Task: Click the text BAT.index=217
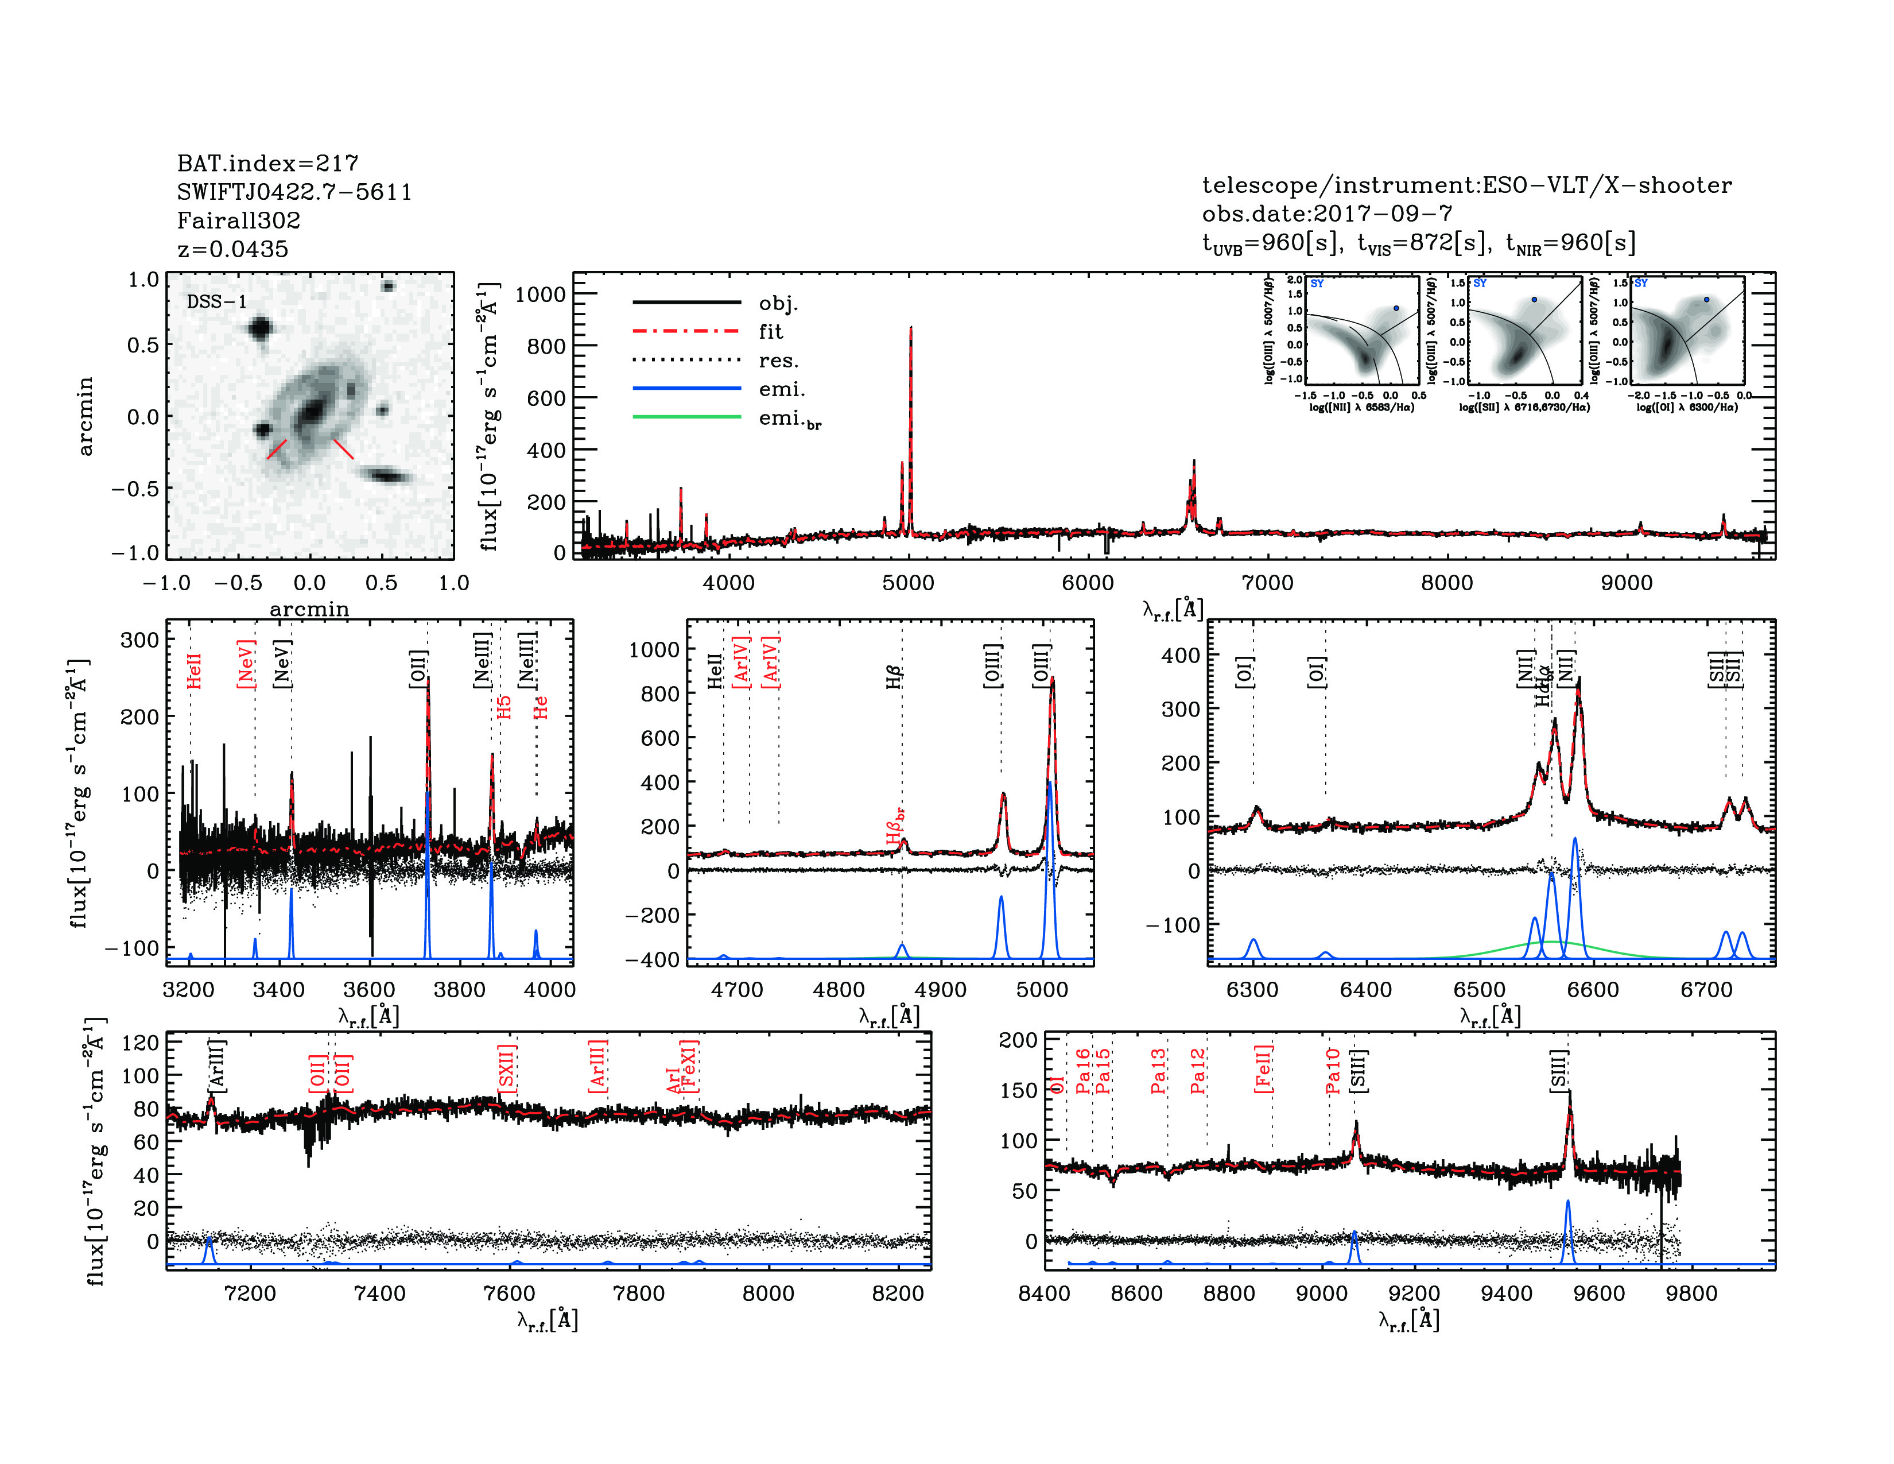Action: coord(267,163)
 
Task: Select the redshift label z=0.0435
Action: coord(232,249)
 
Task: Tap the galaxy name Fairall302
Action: coord(239,220)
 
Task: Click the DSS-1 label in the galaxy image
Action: coord(216,302)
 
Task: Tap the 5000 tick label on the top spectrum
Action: coord(908,583)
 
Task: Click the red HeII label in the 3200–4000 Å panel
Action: coord(194,671)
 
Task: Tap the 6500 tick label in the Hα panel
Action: coord(1480,990)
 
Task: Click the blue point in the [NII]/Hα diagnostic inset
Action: coord(1395,308)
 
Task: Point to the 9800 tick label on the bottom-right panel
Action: coord(1692,1293)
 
